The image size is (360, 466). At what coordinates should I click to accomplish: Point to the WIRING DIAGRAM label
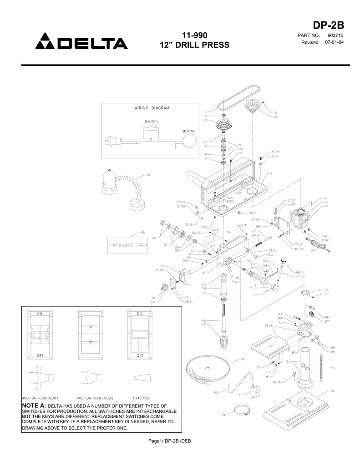tap(152, 108)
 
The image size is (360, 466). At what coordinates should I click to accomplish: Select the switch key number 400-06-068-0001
tap(40, 397)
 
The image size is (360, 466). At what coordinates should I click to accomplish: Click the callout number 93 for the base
tap(333, 391)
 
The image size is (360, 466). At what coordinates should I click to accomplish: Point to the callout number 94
tap(243, 360)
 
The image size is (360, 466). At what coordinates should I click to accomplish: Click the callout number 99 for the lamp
tap(148, 175)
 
